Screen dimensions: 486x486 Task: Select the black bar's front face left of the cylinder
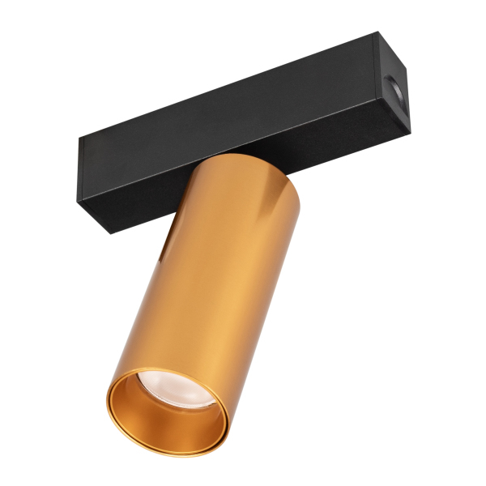tap(130, 186)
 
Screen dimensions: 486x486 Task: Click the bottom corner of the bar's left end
tap(109, 233)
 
